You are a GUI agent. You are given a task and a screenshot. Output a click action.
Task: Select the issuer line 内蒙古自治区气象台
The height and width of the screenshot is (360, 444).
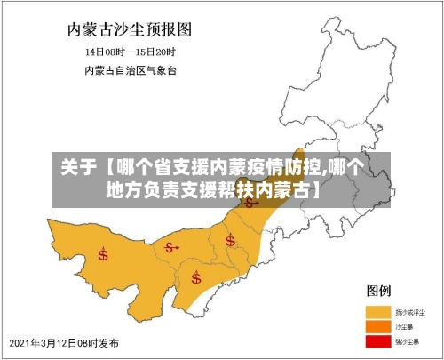coord(131,68)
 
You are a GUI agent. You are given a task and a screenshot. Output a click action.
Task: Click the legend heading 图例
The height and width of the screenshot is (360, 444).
coord(380,291)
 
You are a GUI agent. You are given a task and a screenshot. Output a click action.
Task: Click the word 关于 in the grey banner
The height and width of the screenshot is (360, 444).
coord(76,166)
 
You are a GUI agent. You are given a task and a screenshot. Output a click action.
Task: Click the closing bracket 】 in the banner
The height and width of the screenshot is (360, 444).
coord(316,188)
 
